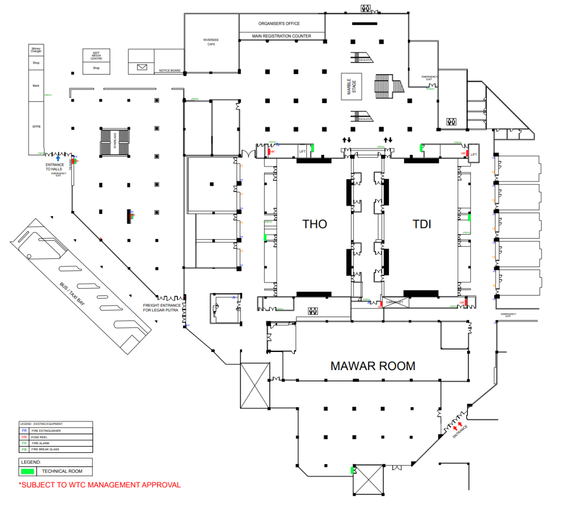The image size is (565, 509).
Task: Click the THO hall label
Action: [314, 224]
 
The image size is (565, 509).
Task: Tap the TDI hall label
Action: [422, 224]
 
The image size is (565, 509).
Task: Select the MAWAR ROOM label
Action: [373, 366]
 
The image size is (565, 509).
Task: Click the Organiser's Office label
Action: [279, 23]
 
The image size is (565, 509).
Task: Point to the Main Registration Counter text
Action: [282, 36]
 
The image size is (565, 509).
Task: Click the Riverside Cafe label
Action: [211, 42]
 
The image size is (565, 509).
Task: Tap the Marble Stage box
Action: [351, 86]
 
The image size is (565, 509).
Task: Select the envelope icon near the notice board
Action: [142, 67]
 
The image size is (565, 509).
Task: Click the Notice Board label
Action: [169, 71]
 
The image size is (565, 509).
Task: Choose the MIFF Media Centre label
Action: [96, 56]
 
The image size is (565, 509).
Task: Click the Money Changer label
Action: [36, 50]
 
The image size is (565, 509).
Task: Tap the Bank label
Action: [36, 86]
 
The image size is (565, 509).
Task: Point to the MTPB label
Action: [36, 127]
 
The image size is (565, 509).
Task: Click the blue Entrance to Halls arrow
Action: [58, 158]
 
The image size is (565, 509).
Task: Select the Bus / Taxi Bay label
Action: [72, 294]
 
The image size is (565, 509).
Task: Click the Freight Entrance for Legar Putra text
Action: [161, 307]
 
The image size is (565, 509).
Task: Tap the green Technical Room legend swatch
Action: [27, 471]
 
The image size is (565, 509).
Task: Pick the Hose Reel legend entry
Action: [39, 437]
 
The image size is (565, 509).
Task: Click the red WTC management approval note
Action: [100, 485]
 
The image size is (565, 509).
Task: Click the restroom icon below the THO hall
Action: [313, 311]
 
